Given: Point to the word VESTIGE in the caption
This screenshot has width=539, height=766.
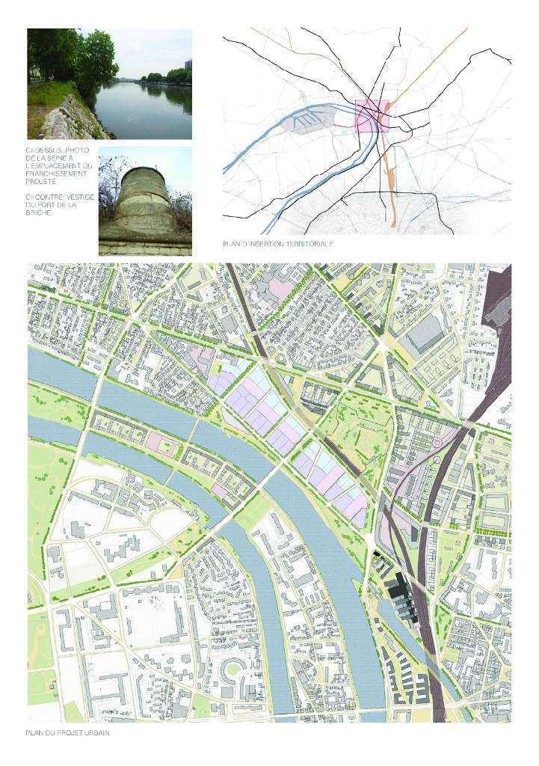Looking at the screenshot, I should pos(76,197).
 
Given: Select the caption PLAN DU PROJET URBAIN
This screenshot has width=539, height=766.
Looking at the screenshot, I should pos(68,733).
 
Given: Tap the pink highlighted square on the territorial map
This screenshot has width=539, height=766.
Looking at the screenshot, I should pos(372,117).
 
